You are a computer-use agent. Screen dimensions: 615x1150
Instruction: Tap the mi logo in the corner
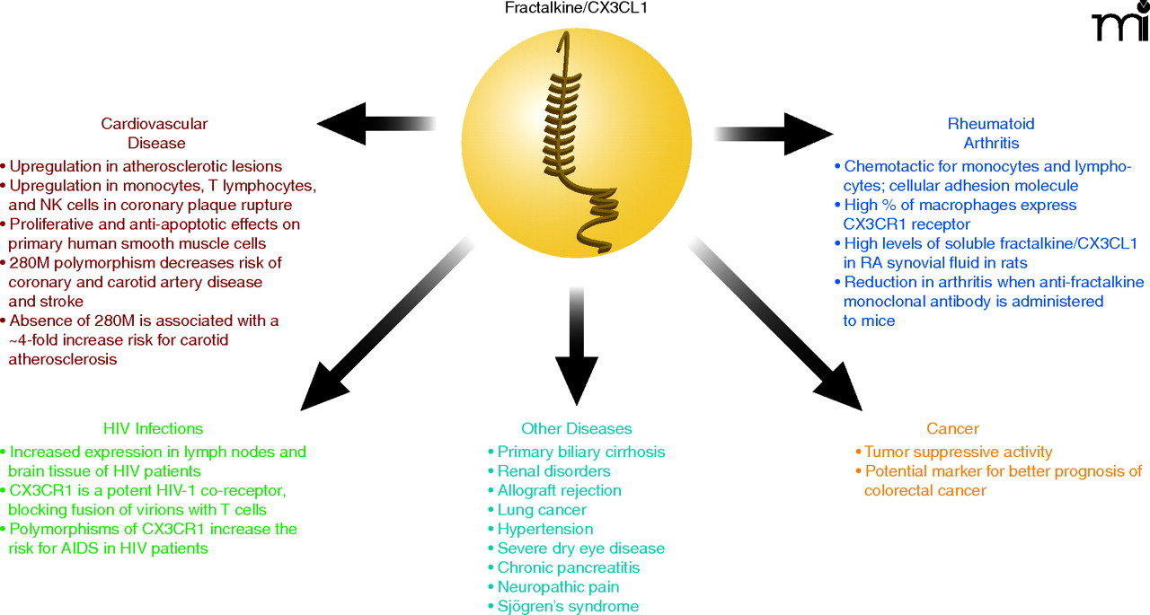[1119, 23]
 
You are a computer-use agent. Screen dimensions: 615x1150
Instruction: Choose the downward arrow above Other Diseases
[576, 341]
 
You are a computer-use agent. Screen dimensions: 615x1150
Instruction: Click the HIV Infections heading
[154, 429]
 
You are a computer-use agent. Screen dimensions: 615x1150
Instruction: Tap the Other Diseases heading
[576, 429]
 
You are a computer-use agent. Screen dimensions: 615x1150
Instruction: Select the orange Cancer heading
[952, 429]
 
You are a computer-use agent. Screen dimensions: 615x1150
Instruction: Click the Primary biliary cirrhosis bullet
[580, 452]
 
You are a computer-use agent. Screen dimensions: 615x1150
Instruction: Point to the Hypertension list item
[544, 529]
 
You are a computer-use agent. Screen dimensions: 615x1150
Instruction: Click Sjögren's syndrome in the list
[568, 607]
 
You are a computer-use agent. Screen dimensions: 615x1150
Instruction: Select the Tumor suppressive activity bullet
[958, 452]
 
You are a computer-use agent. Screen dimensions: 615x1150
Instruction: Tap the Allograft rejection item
[559, 490]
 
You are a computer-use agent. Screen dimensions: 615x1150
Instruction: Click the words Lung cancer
[542, 510]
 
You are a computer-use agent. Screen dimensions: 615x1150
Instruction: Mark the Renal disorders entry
[553, 471]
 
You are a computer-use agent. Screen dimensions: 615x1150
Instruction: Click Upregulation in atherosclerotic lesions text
[145, 166]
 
